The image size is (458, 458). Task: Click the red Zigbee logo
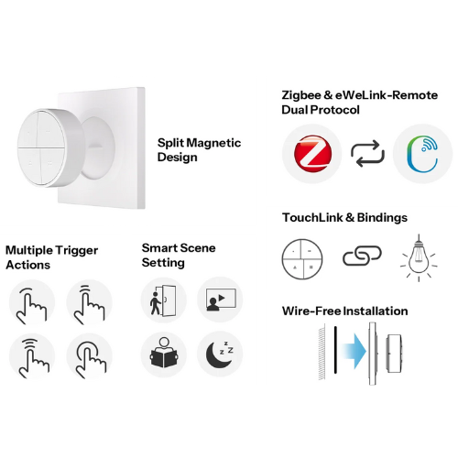(x=312, y=153)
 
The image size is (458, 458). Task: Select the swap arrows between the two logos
(x=367, y=154)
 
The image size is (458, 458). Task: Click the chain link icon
(x=362, y=256)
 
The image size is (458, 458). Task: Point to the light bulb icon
(x=419, y=258)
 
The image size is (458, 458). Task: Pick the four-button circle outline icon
(x=302, y=259)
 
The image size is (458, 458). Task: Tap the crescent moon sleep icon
(x=220, y=354)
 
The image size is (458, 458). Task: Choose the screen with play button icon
(x=221, y=300)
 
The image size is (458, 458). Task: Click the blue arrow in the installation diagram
(x=354, y=351)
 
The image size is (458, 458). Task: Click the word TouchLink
(x=312, y=218)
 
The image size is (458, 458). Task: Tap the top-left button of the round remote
(x=28, y=130)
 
